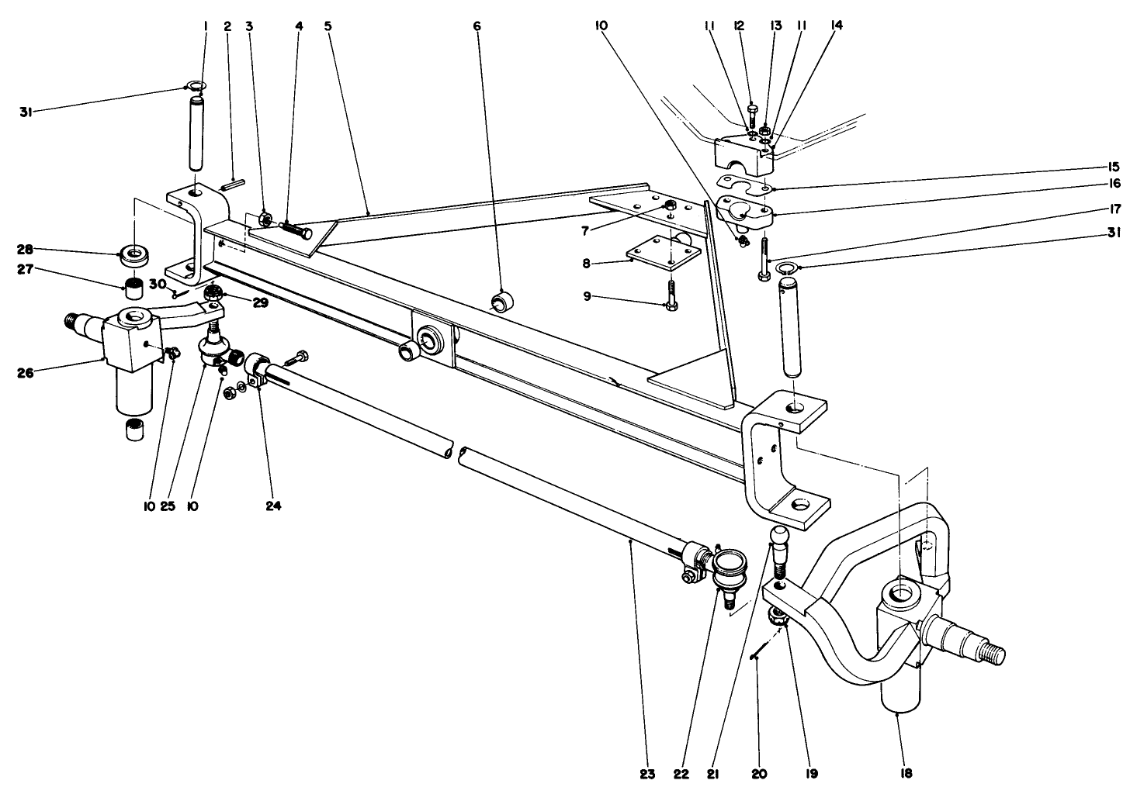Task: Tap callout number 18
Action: pyautogui.click(x=906, y=773)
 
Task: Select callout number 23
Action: pyautogui.click(x=648, y=773)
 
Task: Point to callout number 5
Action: pyautogui.click(x=328, y=26)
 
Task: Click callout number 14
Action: pyautogui.click(x=836, y=25)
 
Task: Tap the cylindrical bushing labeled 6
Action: pyautogui.click(x=503, y=299)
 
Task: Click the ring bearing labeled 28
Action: pyautogui.click(x=135, y=254)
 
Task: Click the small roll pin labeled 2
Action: pyautogui.click(x=233, y=185)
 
